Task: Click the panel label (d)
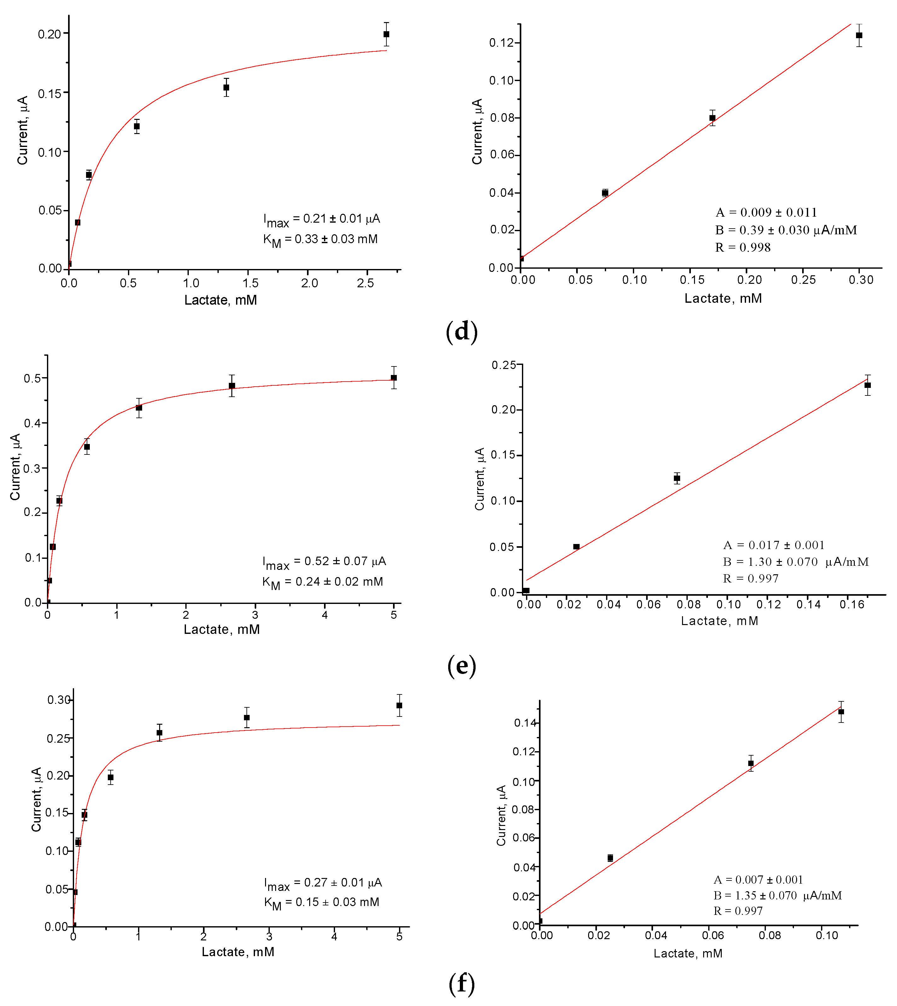point(461,331)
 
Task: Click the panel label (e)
point(461,666)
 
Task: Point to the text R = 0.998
point(743,248)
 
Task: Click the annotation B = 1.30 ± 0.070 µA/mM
point(796,562)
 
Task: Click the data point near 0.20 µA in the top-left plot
point(386,34)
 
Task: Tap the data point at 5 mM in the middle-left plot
point(394,378)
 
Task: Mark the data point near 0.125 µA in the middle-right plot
point(677,478)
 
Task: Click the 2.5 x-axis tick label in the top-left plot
point(365,283)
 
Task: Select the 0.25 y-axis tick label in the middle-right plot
point(504,365)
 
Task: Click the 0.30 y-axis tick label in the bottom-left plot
point(59,700)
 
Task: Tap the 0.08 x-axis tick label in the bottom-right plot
point(770,935)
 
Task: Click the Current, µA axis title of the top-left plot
point(23,131)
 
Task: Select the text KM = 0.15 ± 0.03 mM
point(321,903)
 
